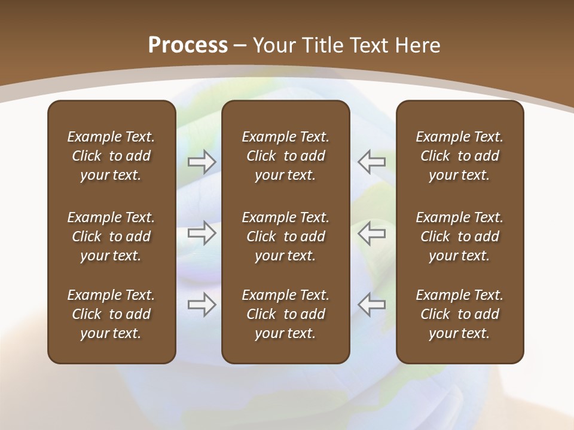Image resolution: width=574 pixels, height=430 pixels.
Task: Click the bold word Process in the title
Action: click(188, 45)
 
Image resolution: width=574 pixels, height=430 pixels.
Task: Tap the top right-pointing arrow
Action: click(201, 161)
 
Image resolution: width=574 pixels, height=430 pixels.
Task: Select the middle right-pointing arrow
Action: click(201, 233)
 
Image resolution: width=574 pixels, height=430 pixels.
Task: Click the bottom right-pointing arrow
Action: click(201, 305)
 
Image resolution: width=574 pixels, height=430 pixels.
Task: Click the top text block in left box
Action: click(111, 156)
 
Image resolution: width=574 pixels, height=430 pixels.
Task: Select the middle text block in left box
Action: click(111, 236)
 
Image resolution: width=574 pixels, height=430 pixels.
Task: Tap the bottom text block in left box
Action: click(111, 314)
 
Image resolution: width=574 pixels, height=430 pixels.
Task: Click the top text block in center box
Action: click(286, 156)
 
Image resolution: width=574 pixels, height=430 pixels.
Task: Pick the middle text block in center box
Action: click(286, 236)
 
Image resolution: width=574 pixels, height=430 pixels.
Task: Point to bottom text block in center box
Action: click(286, 314)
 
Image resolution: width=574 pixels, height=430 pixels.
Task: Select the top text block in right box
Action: click(460, 156)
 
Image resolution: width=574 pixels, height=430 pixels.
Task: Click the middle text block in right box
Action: click(460, 236)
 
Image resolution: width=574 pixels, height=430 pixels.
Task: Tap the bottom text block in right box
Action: click(460, 314)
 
